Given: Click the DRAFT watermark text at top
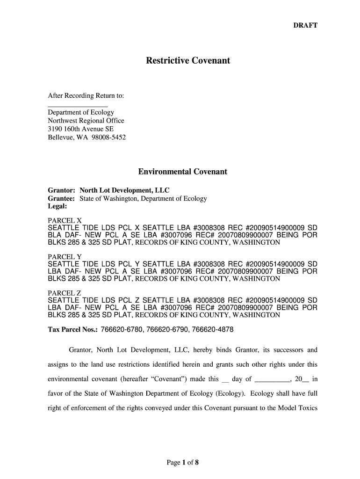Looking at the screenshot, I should click(305, 25).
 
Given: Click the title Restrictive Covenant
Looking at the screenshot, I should click(188, 61).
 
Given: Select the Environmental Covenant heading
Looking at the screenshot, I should click(182, 172).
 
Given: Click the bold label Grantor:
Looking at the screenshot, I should click(62, 190).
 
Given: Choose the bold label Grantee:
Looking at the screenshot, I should click(62, 199).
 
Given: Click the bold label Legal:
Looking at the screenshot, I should click(58, 206).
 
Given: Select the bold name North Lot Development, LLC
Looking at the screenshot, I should click(124, 190).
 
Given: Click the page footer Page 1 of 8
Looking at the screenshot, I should click(183, 463).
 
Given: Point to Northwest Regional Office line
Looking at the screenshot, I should click(86, 121).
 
